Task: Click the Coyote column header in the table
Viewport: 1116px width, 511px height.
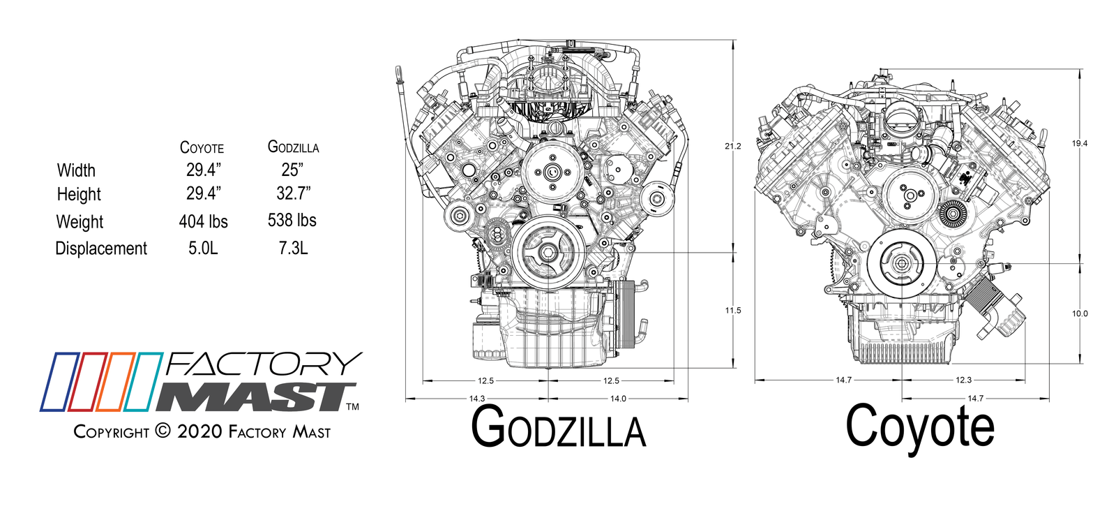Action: coord(202,147)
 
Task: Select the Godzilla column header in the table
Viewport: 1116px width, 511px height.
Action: coord(293,147)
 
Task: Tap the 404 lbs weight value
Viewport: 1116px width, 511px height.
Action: coord(203,221)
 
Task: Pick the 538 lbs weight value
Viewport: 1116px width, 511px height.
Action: coord(292,220)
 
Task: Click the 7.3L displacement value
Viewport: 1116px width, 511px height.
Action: coord(293,248)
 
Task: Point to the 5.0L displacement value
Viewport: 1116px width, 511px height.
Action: coord(203,248)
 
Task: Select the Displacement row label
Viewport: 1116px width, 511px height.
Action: coord(101,249)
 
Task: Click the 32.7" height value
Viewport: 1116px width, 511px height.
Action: coord(293,193)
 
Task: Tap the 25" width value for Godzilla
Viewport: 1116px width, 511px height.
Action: coord(292,170)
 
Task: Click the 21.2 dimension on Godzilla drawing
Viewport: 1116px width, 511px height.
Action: coord(732,146)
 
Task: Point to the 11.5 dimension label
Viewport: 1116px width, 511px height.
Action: coord(732,311)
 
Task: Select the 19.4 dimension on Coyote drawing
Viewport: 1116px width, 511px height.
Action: coord(1079,143)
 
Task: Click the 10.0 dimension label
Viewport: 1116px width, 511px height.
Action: coord(1079,313)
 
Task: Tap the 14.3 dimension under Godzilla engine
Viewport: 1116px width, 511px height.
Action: coord(476,399)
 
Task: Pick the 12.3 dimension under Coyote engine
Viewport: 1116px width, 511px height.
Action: coord(963,380)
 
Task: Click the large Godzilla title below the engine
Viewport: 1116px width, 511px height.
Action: coord(558,427)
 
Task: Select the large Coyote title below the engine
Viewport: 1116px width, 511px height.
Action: coord(919,426)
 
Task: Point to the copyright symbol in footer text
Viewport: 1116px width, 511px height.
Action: coord(163,431)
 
